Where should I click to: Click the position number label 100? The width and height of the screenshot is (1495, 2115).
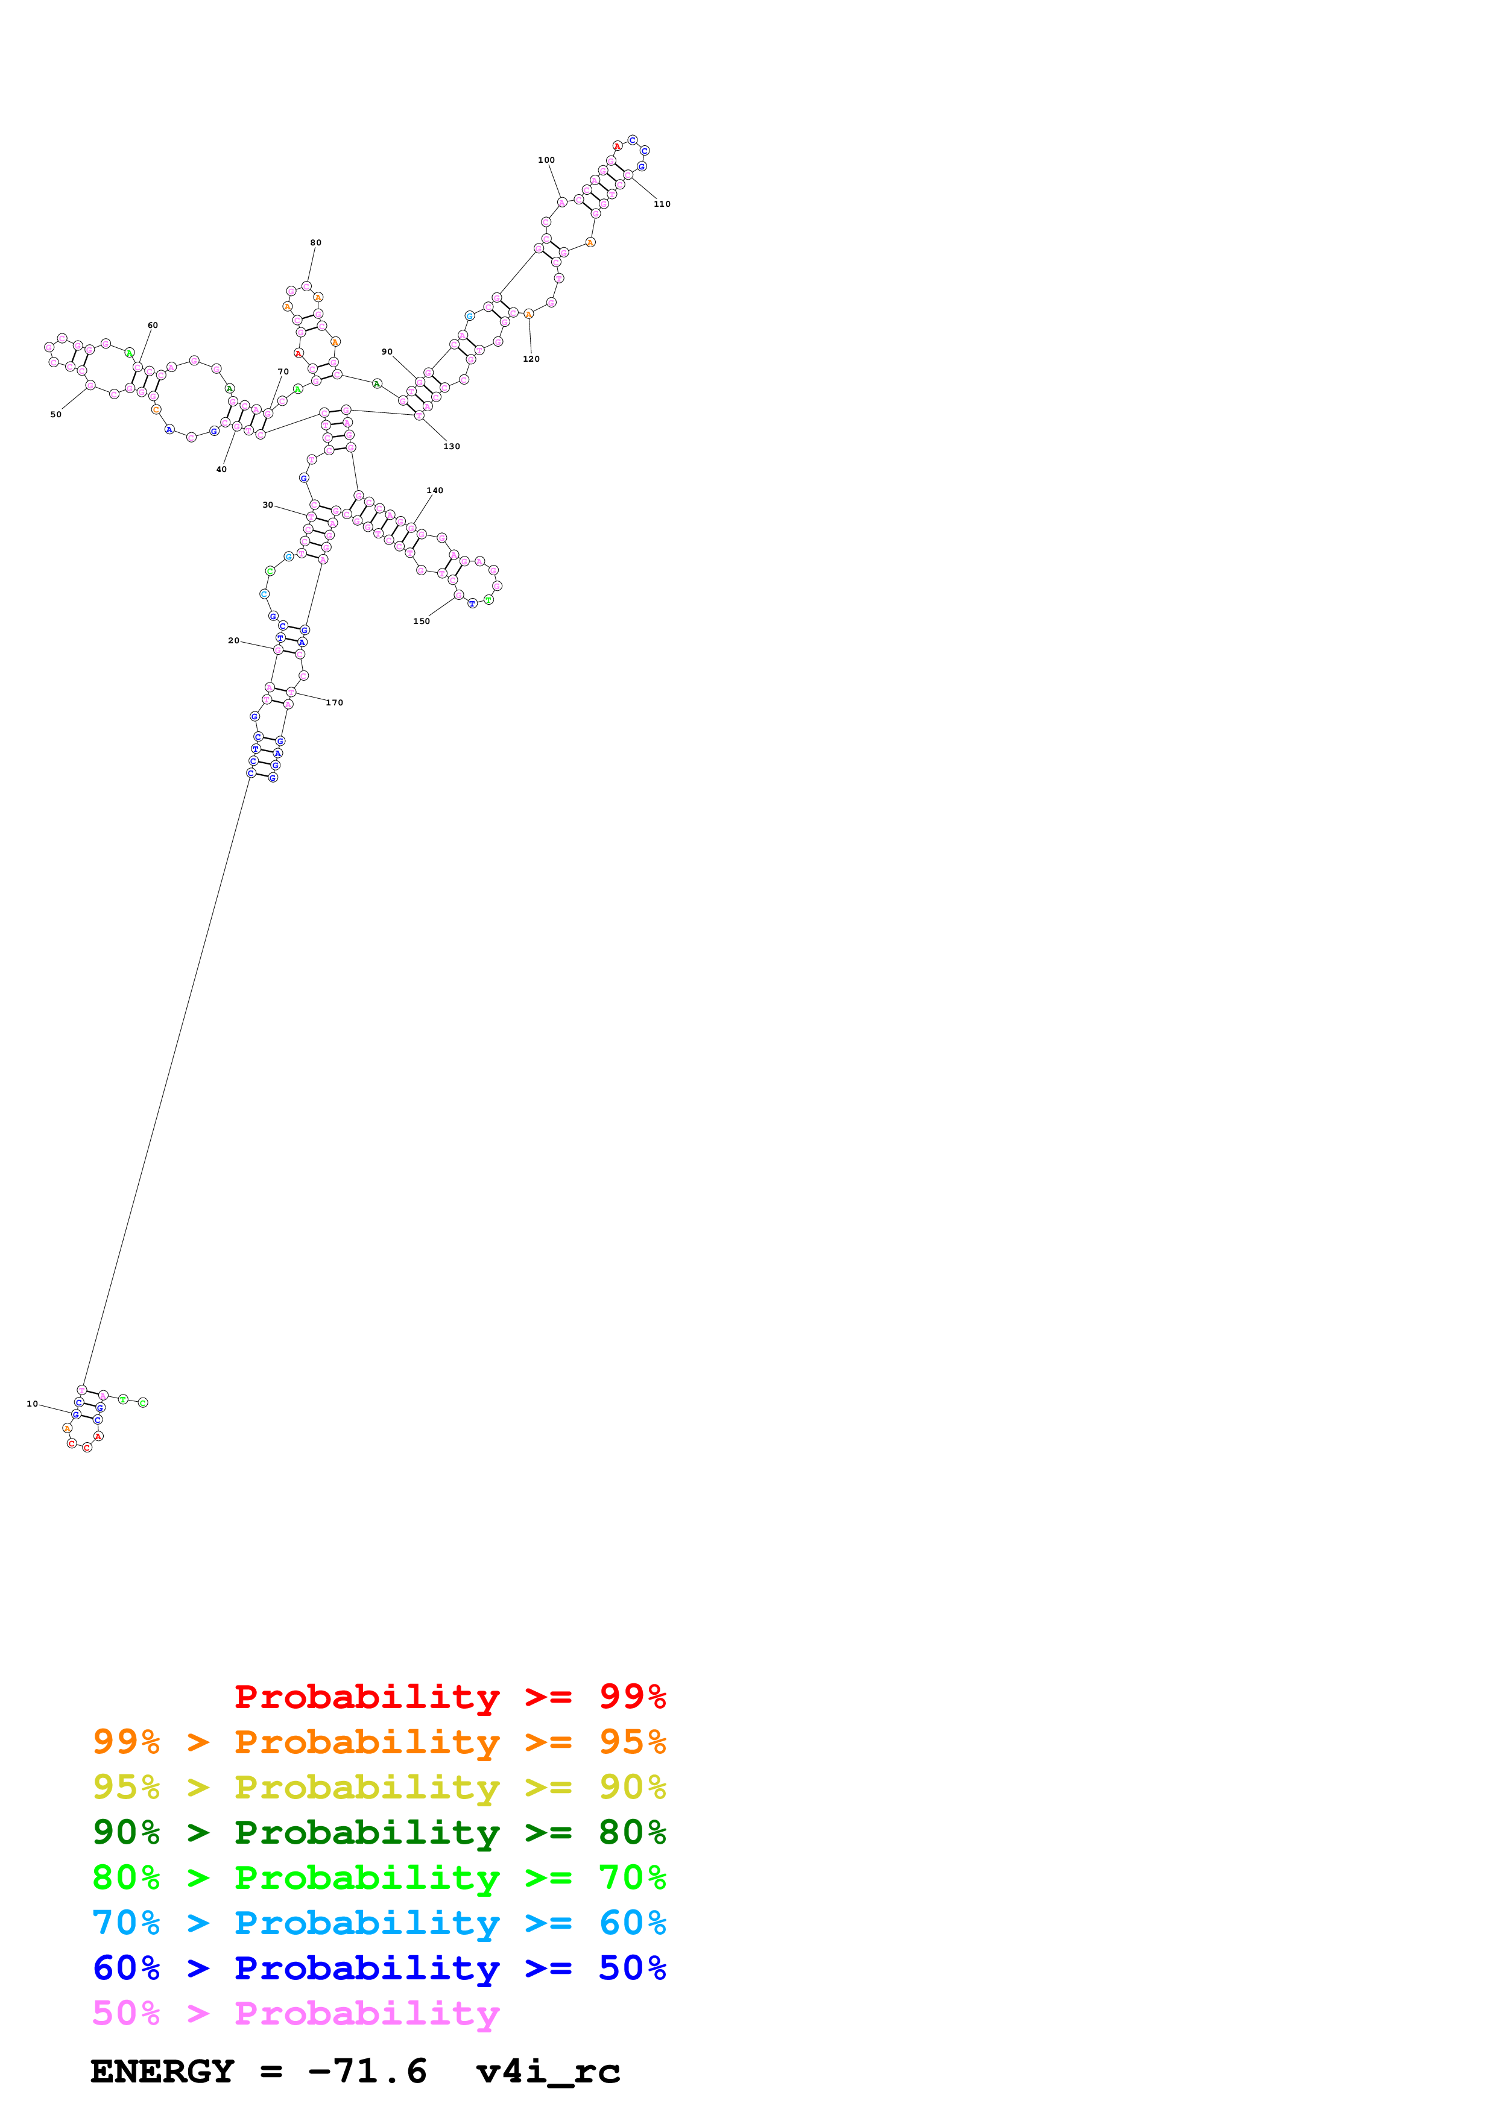[x=546, y=160]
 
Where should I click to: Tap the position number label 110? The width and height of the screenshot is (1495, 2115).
[x=662, y=204]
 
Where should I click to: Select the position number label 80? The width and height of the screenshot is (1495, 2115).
[x=316, y=243]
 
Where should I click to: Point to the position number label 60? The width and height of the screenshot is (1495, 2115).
[x=153, y=325]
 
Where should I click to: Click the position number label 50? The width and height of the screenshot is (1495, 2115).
[x=56, y=415]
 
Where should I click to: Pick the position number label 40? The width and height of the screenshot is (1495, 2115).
[x=221, y=470]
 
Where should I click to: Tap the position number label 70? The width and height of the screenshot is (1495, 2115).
[x=283, y=372]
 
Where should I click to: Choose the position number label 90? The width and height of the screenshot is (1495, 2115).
[x=387, y=352]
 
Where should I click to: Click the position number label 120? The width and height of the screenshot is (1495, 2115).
[x=531, y=359]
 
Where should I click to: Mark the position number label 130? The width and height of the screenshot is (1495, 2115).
[x=451, y=447]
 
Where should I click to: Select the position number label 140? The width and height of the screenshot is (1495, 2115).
[x=435, y=491]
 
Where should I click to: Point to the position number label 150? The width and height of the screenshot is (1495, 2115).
[x=421, y=622]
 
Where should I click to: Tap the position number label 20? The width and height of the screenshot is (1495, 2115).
[x=234, y=641]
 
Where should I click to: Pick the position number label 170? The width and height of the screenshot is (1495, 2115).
[x=334, y=703]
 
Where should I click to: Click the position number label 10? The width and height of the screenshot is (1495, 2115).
[x=32, y=1404]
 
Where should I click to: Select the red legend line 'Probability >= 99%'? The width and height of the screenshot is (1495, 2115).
[x=449, y=1696]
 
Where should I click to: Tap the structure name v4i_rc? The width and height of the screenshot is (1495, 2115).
[x=548, y=2072]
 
